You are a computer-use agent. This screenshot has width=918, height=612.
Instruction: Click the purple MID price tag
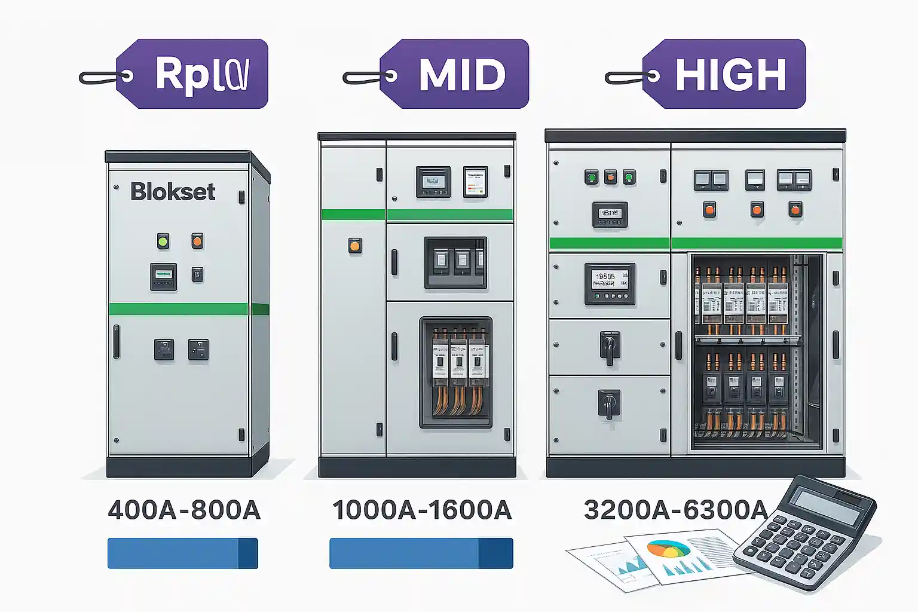tap(460, 74)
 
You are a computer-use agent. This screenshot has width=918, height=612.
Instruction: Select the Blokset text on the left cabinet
tap(173, 192)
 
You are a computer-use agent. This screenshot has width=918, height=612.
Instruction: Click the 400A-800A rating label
tap(184, 510)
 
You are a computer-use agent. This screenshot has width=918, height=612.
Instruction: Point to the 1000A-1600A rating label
tap(422, 510)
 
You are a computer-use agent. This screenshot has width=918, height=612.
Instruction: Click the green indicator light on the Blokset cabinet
tap(163, 241)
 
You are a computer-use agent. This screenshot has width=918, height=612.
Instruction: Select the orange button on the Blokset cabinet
tap(197, 241)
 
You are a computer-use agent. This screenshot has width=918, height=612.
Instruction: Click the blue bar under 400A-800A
tap(182, 553)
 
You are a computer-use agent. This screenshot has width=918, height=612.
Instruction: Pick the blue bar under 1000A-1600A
tap(421, 553)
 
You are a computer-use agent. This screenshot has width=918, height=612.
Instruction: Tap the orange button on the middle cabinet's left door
tap(355, 246)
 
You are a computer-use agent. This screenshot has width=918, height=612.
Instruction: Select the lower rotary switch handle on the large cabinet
tap(609, 405)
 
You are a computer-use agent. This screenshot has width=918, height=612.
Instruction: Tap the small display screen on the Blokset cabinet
tap(163, 275)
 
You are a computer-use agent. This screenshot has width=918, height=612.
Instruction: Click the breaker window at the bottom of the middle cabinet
tap(456, 372)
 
